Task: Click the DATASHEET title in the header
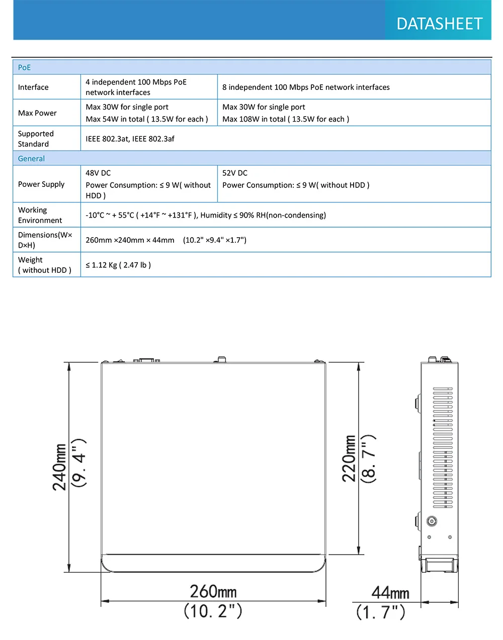coord(439,24)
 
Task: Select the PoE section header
coord(24,67)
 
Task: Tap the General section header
coord(31,158)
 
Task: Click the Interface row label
coord(33,87)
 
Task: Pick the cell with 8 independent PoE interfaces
coord(306,87)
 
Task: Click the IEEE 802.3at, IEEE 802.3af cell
coord(130,139)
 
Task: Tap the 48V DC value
coord(98,173)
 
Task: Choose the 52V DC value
coord(235,173)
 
